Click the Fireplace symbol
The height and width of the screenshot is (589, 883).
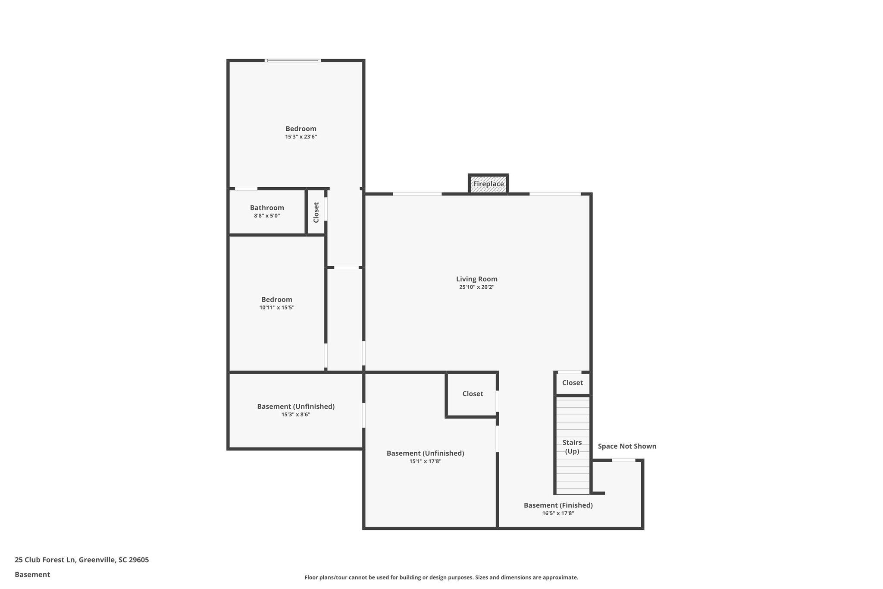(x=488, y=184)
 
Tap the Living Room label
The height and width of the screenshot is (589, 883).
(x=476, y=279)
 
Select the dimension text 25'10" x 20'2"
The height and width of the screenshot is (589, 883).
(x=476, y=287)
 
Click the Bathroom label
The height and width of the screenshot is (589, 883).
(x=267, y=208)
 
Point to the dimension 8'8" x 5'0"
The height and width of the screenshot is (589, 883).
(x=267, y=216)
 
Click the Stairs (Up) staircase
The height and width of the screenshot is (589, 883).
(x=572, y=446)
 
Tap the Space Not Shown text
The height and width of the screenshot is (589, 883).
(x=627, y=446)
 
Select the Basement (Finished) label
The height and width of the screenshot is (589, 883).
(x=558, y=505)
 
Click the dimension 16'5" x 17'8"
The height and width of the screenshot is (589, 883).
(x=558, y=513)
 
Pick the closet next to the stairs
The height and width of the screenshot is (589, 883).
(x=572, y=383)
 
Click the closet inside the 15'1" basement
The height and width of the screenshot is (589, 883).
(x=473, y=394)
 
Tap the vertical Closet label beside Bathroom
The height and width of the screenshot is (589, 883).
(x=316, y=212)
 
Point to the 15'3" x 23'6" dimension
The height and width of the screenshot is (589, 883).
(x=301, y=137)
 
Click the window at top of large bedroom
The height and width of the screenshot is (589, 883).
(x=293, y=60)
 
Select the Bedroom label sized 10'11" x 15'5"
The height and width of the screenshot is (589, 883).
(x=276, y=299)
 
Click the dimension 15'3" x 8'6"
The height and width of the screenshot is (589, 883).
(x=296, y=415)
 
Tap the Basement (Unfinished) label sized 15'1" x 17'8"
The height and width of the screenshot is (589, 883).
(x=425, y=454)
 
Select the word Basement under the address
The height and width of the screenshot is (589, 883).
(x=32, y=574)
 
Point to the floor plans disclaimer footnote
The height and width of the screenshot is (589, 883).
(x=441, y=577)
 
